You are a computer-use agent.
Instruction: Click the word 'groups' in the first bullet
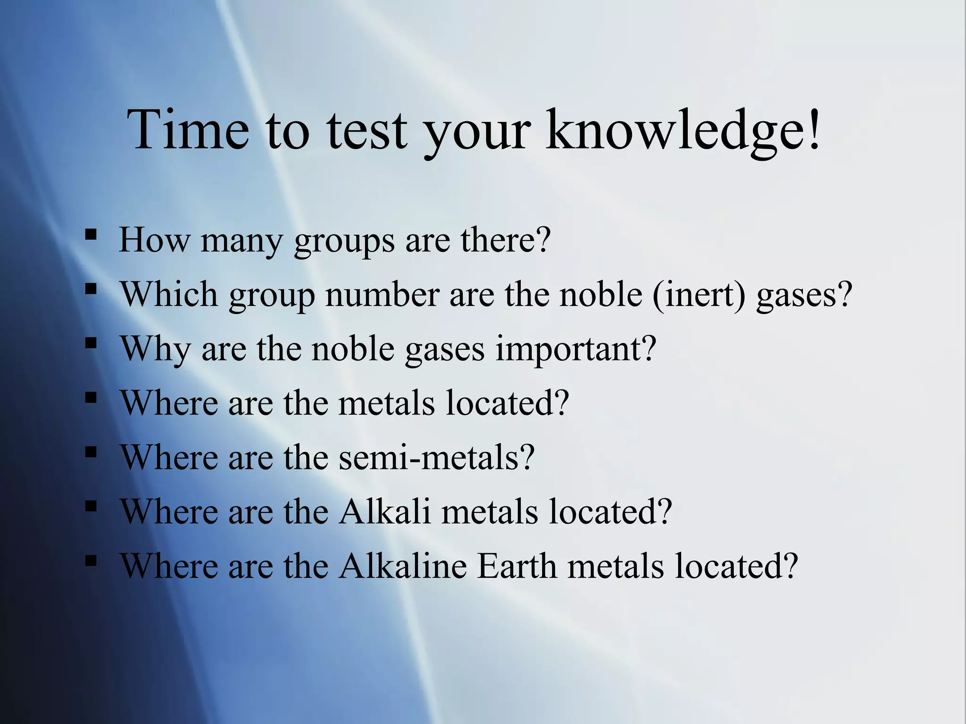(x=344, y=241)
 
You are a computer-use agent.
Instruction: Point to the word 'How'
(x=154, y=240)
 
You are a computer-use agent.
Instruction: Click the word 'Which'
(x=169, y=294)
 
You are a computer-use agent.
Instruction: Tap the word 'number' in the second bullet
(x=383, y=294)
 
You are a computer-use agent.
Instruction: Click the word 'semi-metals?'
(x=437, y=457)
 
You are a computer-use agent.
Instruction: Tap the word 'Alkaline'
(x=403, y=566)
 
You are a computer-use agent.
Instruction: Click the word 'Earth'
(x=517, y=566)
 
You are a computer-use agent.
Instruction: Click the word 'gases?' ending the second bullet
(x=804, y=295)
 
